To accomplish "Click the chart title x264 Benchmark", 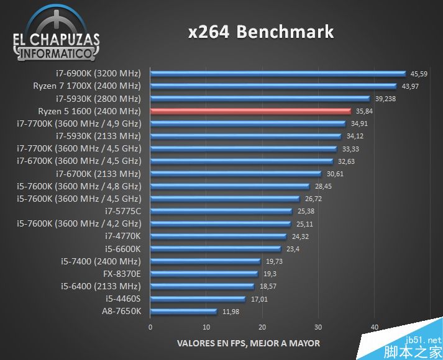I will tap(261, 32).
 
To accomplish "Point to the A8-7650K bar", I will tap(183, 311).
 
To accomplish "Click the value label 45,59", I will tap(419, 74).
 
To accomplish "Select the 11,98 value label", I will tap(231, 312).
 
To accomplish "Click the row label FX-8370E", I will tap(122, 274).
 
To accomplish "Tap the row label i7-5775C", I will tap(123, 211).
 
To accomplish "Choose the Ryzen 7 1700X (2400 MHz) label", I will tap(87, 86).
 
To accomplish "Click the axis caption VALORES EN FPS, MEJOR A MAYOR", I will tap(249, 343).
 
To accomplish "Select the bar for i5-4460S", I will tap(198, 299).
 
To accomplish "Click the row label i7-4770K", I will tap(123, 236).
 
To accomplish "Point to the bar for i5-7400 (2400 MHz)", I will tap(205, 261).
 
